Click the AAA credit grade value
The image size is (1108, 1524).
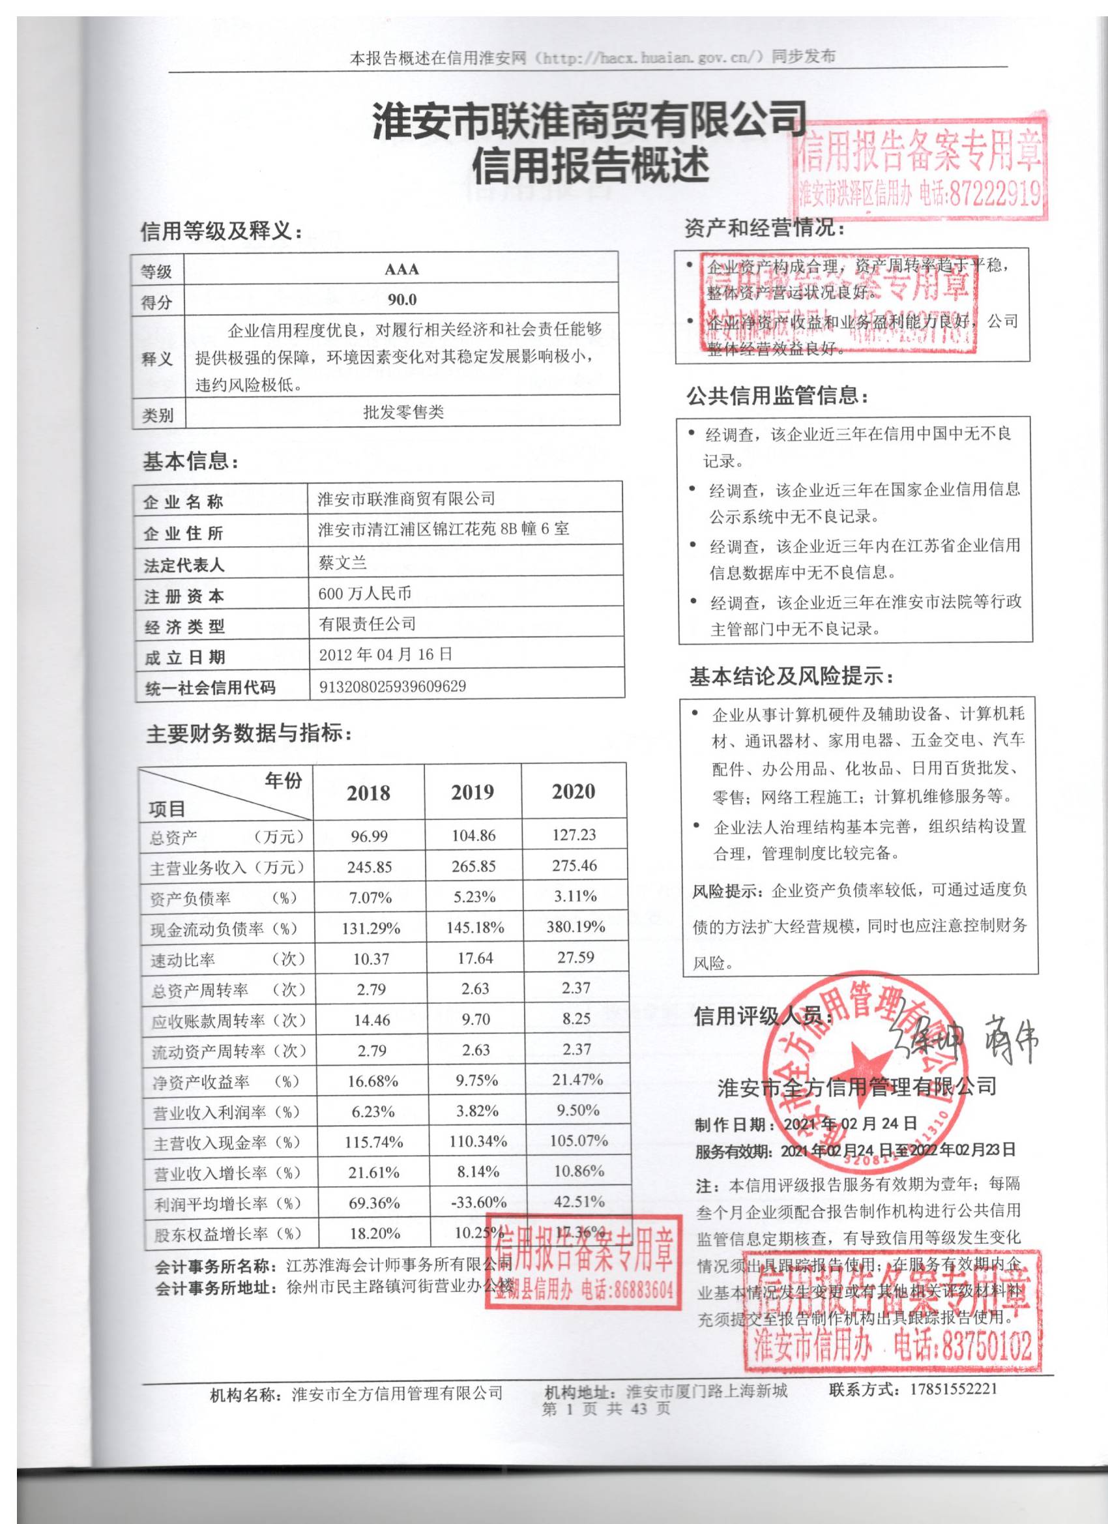pos(401,269)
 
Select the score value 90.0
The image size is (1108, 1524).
pos(401,300)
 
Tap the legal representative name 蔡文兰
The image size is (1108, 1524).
pos(343,563)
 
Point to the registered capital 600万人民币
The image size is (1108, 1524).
pos(365,593)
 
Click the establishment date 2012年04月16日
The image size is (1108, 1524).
pos(386,654)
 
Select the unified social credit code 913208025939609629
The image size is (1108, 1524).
pos(392,686)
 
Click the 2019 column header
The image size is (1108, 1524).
pos(473,792)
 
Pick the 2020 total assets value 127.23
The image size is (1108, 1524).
pos(574,834)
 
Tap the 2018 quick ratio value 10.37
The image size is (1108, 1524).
pos(371,959)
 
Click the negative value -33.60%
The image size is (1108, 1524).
pos(478,1202)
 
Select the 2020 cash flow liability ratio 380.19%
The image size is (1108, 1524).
pos(576,928)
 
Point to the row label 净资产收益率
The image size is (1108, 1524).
pos(201,1082)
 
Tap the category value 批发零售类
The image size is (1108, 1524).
pos(403,412)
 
